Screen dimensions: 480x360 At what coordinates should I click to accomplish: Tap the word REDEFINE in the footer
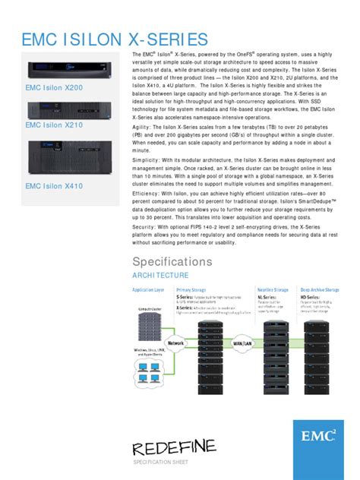pyautogui.click(x=174, y=446)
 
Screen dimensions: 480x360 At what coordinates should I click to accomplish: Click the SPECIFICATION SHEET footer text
pyautogui.click(x=161, y=462)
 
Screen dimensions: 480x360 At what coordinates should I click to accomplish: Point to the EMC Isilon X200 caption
pyautogui.click(x=59, y=88)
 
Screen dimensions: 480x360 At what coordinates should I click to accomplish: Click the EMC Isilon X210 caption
pyautogui.click(x=59, y=125)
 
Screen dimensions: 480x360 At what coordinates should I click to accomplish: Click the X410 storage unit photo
pyautogui.click(x=68, y=156)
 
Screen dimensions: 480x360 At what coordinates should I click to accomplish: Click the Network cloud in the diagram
pyautogui.click(x=175, y=343)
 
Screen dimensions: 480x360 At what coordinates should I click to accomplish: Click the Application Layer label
pyautogui.click(x=148, y=290)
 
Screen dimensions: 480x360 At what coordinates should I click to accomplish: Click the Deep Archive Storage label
pyautogui.click(x=320, y=290)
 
